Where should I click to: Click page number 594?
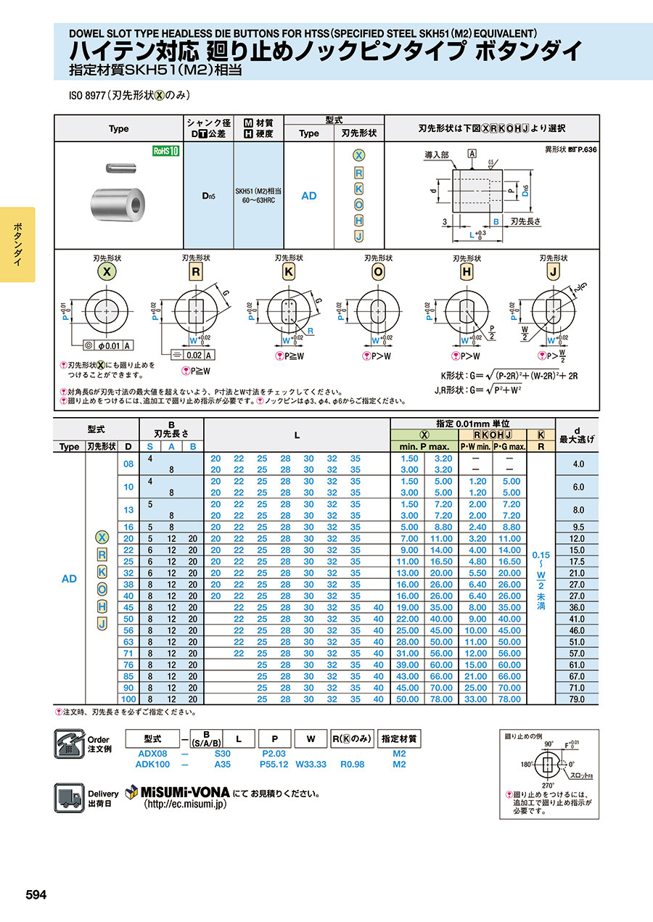36,895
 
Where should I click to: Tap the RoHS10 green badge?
165,151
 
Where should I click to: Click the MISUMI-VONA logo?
178,792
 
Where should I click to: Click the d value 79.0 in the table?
577,699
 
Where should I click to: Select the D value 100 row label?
128,699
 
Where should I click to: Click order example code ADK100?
152,764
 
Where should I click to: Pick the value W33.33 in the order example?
311,764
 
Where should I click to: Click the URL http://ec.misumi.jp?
186,804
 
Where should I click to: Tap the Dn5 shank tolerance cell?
209,196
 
